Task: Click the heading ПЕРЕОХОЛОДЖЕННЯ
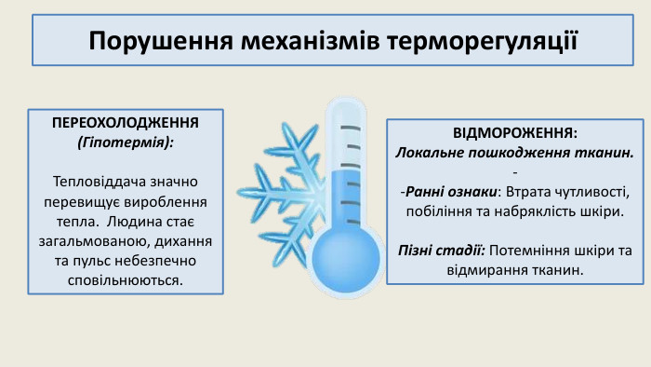pyautogui.click(x=126, y=124)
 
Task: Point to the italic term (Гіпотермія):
pyautogui.click(x=126, y=143)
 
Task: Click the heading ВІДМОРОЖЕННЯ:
pyautogui.click(x=515, y=132)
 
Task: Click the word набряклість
pyautogui.click(x=532, y=211)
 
